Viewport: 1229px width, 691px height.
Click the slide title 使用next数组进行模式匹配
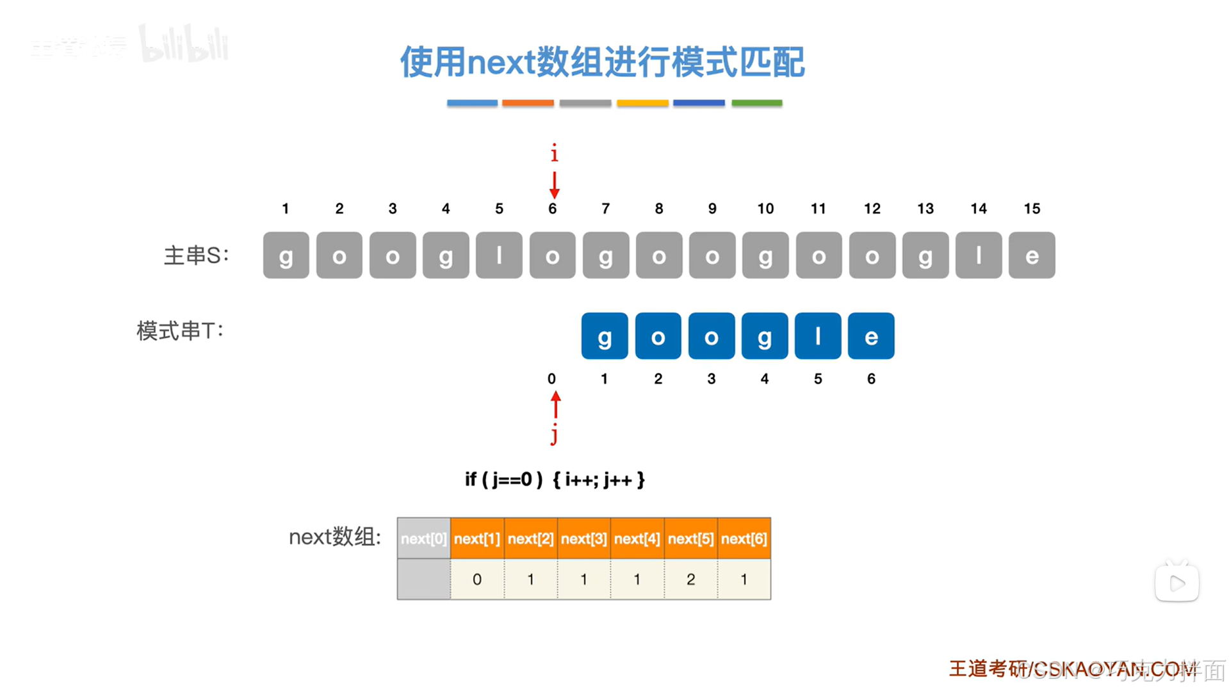pos(602,62)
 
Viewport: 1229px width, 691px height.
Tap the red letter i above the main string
pos(554,154)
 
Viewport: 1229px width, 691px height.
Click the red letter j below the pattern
pos(554,434)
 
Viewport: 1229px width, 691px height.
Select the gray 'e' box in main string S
pos(1031,256)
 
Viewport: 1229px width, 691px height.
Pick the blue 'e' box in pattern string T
pos(870,336)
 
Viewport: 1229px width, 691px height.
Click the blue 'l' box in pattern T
pos(817,336)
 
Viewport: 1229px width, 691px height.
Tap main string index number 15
pos(1031,209)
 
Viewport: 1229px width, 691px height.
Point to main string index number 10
pos(765,209)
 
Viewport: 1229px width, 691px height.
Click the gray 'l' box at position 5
pos(499,256)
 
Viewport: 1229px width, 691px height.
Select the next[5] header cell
pos(690,539)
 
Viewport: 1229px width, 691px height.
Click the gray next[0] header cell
pos(423,539)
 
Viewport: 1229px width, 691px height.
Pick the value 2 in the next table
pos(690,580)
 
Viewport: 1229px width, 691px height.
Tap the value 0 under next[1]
pos(477,580)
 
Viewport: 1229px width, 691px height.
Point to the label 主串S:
pos(196,256)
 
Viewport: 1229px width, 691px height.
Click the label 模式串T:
pos(180,331)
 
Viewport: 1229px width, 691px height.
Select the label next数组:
pos(335,537)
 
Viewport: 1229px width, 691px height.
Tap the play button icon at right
pos(1176,583)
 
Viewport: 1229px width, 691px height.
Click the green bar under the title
pos(756,103)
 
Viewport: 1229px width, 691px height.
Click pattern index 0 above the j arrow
pos(551,379)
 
